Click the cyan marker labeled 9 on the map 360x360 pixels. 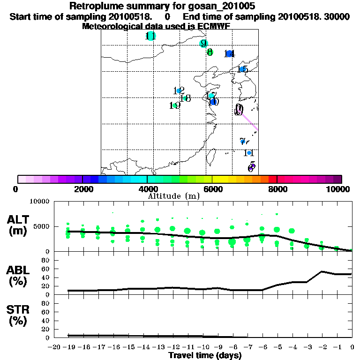[203, 43]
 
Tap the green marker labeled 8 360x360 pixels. [210, 52]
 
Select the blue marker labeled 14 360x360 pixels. [229, 54]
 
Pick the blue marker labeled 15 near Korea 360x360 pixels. [242, 69]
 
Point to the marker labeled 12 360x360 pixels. [179, 91]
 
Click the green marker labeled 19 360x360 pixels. [174, 105]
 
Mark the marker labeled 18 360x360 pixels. [185, 98]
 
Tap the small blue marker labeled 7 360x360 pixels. [242, 141]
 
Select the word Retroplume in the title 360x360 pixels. [96, 6]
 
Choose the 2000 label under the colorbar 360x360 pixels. [82, 189]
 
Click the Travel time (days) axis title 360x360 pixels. [205, 355]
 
